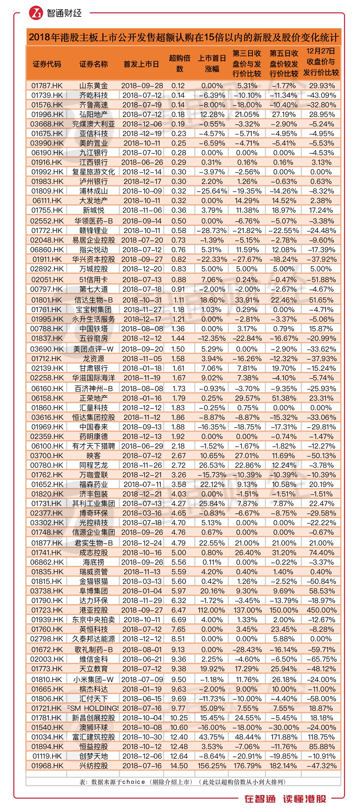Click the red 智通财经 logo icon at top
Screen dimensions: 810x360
36,13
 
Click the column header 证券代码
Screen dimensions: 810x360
47,64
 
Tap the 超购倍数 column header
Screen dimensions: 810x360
179,63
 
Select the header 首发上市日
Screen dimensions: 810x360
141,64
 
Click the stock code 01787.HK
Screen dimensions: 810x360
47,86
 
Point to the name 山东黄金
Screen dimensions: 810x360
93,86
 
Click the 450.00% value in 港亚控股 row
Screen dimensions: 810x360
321,610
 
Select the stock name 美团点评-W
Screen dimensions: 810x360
93,349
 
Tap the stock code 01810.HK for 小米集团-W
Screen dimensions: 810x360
47,679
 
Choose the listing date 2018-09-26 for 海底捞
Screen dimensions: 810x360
142,562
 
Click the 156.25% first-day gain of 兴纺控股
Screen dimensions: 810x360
212,766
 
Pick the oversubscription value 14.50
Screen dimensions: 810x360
179,766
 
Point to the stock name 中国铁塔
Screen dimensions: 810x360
93,329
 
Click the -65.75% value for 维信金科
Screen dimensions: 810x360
321,659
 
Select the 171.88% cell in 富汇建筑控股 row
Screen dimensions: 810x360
283,737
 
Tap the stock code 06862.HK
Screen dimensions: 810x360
47,562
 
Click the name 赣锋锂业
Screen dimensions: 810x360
93,230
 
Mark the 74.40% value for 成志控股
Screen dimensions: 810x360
321,552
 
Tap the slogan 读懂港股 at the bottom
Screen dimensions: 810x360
304,799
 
